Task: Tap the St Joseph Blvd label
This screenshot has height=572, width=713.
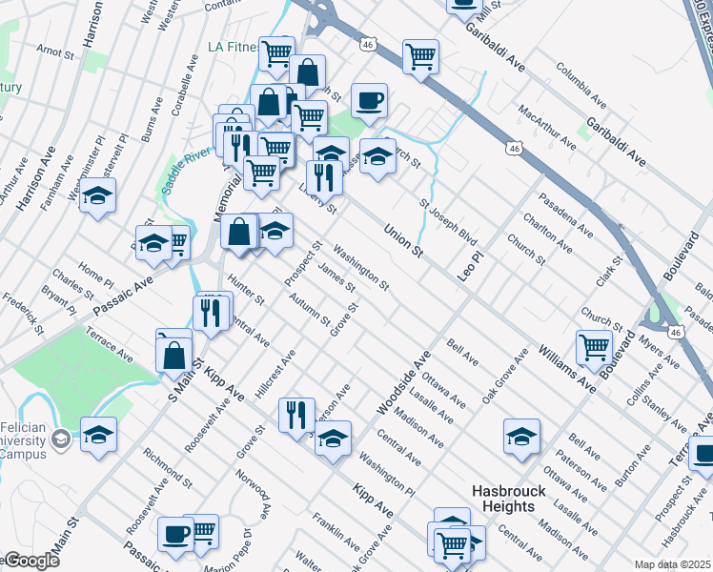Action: click(448, 220)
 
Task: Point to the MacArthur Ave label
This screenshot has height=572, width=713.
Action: click(546, 129)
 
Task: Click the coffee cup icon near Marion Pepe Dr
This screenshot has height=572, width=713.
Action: click(175, 534)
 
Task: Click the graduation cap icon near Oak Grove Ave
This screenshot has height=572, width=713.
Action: click(521, 437)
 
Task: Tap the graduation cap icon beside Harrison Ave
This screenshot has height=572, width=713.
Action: click(96, 196)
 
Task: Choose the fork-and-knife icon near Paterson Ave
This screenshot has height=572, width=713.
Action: click(296, 414)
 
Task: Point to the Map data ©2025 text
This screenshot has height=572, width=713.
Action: click(672, 564)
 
